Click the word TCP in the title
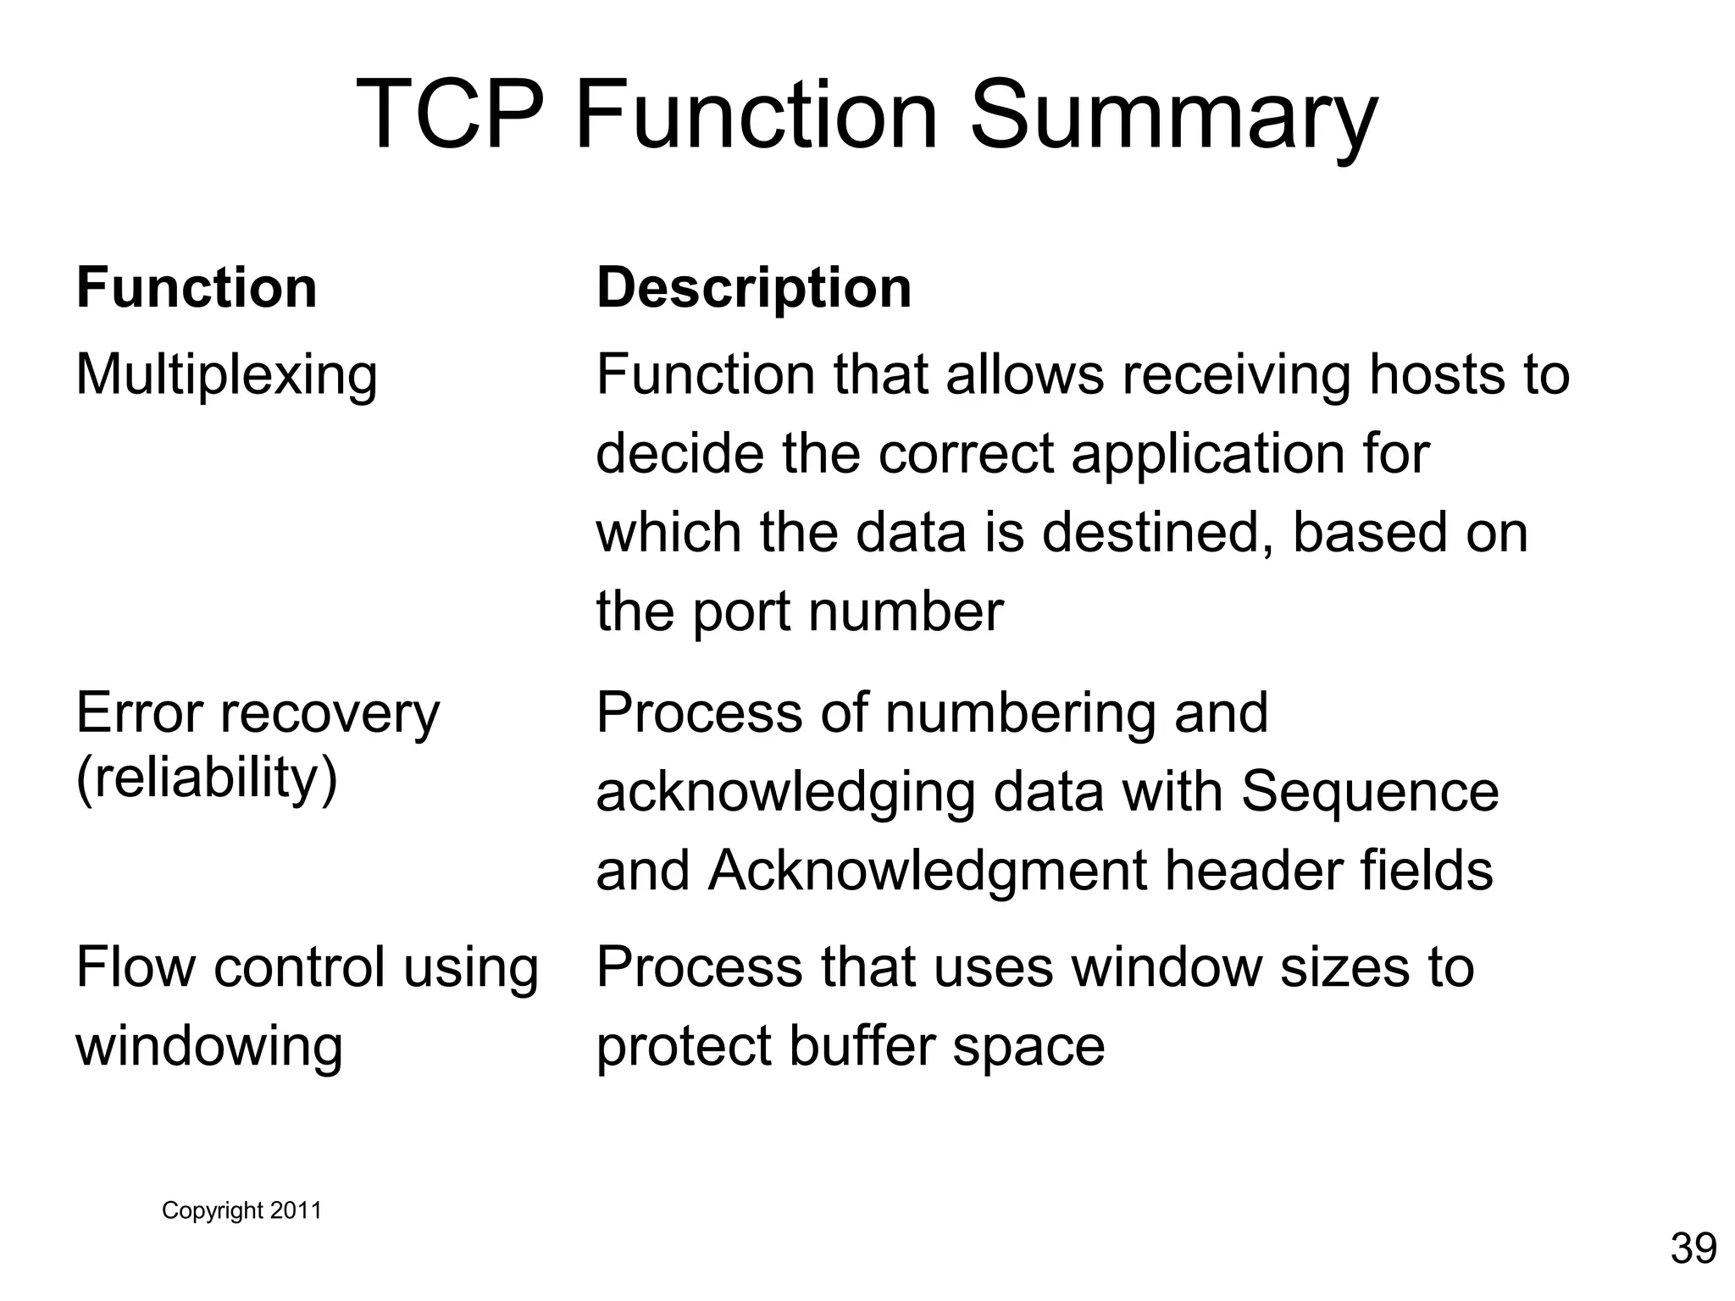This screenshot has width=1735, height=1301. pos(449,114)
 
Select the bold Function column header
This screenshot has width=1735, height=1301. pos(197,288)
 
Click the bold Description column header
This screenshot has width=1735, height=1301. pos(754,288)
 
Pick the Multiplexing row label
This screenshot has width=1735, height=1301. pos(226,374)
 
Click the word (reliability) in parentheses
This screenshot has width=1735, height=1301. pos(207,778)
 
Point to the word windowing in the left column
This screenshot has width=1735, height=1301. pos(209,1045)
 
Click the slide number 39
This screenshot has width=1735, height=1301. pos(1693,1248)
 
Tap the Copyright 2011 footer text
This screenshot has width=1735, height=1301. pos(241,1210)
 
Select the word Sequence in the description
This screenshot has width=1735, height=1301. pos(1370,792)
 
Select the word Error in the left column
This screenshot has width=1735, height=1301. pos(141,713)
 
